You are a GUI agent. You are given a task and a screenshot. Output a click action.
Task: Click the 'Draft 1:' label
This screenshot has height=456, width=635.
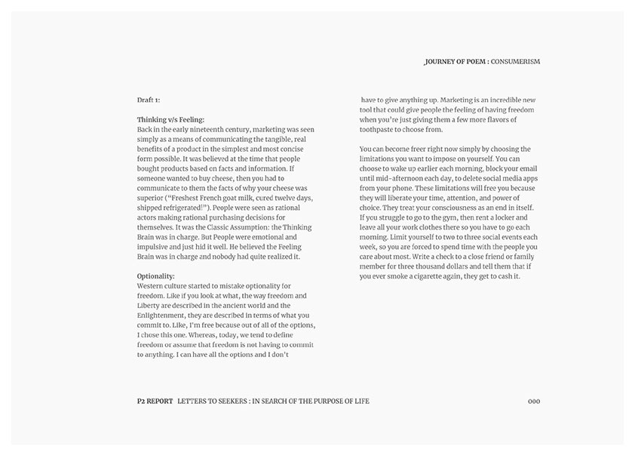(149, 100)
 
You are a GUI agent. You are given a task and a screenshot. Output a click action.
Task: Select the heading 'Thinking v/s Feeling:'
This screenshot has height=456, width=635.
(170, 119)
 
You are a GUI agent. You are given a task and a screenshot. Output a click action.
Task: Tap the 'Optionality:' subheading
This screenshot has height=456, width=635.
(155, 276)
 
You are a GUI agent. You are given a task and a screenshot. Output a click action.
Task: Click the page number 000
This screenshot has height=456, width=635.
(534, 401)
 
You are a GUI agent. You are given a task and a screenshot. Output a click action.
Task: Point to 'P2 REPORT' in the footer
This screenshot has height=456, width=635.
(150, 401)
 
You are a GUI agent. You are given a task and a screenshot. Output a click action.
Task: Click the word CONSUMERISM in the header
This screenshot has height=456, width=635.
(516, 60)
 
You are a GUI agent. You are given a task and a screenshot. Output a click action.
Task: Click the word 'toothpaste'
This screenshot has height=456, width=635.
(379, 129)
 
